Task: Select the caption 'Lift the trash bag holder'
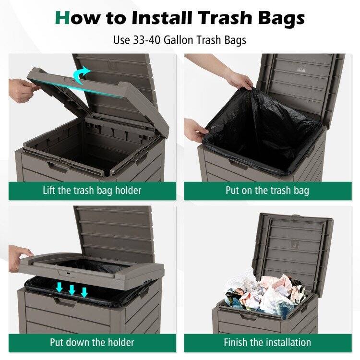92,190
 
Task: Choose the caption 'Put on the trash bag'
267,190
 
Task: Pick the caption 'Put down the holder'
92,342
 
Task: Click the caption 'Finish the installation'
267,342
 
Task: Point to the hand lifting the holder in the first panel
23,90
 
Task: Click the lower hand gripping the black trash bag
195,130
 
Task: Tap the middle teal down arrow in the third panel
72,290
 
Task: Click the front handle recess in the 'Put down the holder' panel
64,302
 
